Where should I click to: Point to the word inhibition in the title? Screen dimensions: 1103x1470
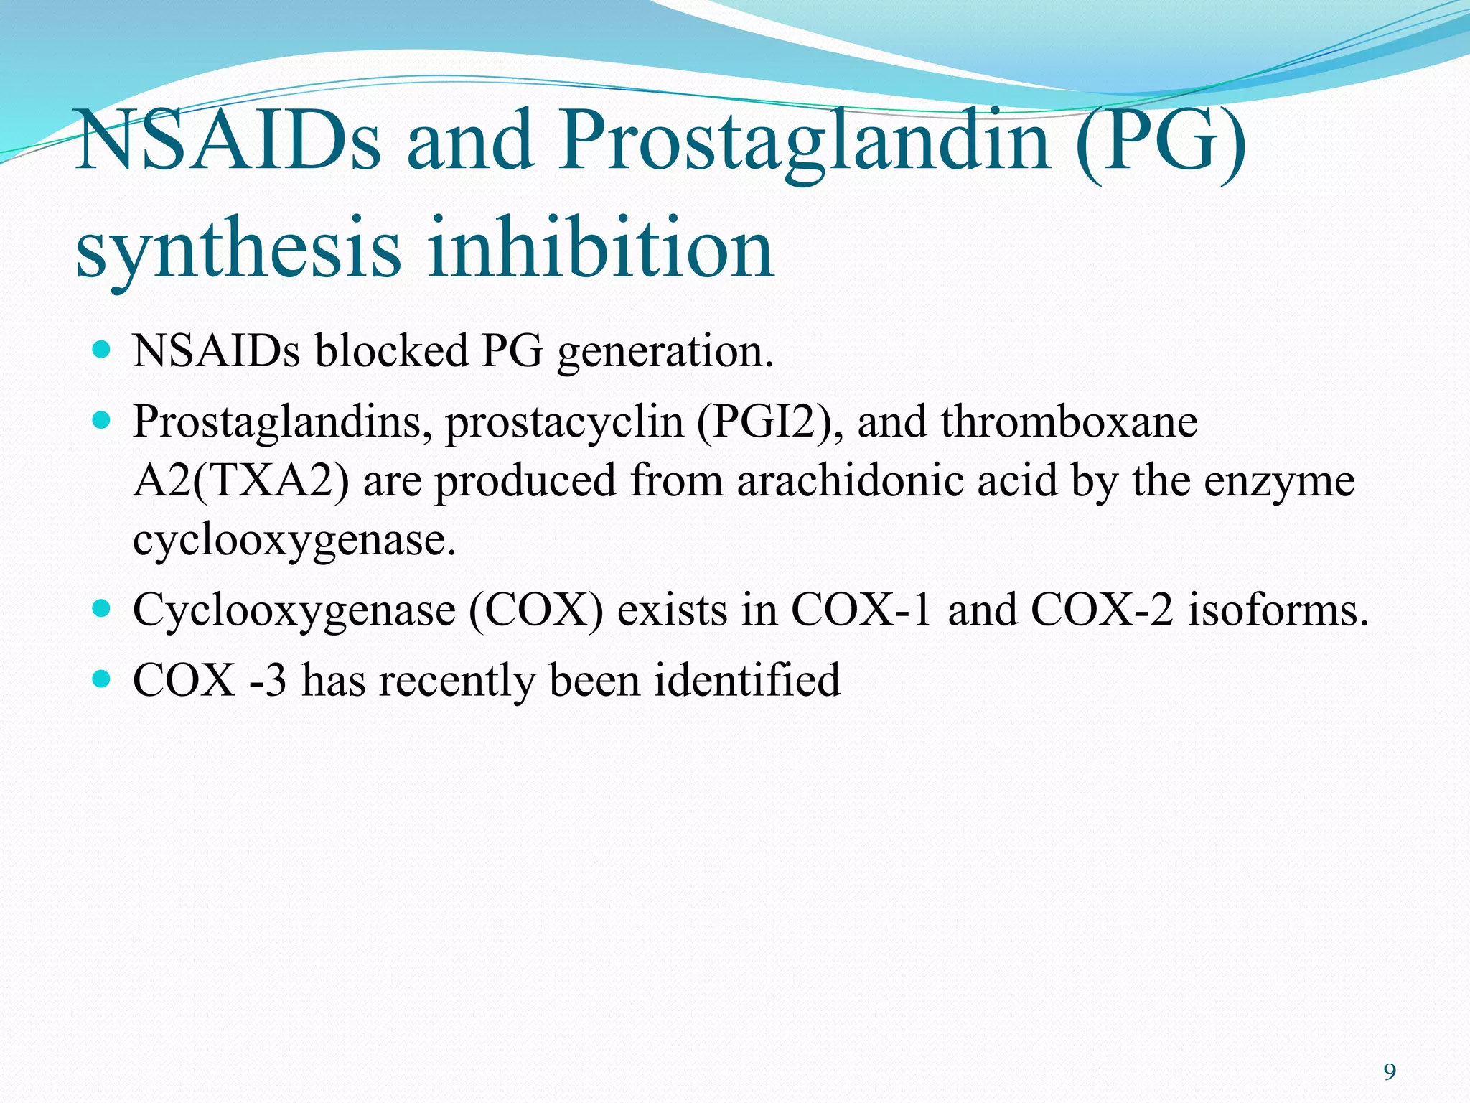pos(601,248)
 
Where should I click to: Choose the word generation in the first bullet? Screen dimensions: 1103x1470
pos(665,352)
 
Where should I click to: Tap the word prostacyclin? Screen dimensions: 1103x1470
pos(563,422)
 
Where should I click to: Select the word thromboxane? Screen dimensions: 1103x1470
pos(1069,422)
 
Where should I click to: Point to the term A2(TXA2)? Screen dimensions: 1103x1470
pos(241,480)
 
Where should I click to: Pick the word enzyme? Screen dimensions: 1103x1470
pos(1279,482)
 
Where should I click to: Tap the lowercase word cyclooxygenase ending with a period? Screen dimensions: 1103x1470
pos(294,540)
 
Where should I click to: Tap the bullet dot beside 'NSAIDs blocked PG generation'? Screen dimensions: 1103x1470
pos(102,350)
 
